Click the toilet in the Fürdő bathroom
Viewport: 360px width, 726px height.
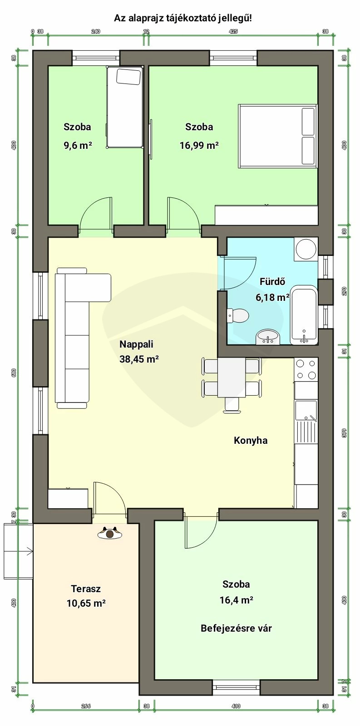click(x=238, y=315)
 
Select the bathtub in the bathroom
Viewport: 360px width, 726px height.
click(x=304, y=315)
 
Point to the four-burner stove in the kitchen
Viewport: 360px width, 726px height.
click(x=306, y=369)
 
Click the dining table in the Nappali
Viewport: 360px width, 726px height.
click(x=232, y=378)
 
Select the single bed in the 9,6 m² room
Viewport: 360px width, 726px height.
click(x=125, y=107)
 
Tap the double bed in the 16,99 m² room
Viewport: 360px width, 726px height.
click(x=278, y=136)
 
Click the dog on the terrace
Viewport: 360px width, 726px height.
click(x=110, y=533)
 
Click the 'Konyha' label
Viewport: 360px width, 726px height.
click(x=251, y=441)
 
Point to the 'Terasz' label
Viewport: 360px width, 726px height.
click(x=86, y=589)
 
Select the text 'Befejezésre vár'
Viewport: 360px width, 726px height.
click(x=236, y=628)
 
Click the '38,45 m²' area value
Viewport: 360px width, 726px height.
click(x=139, y=359)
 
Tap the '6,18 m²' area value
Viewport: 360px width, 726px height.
click(x=272, y=297)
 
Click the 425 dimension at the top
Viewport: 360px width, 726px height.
click(x=233, y=31)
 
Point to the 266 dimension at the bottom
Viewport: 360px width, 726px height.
click(x=86, y=712)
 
